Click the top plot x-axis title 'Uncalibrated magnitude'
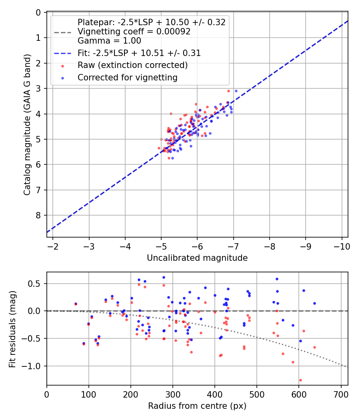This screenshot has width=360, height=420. click(197, 258)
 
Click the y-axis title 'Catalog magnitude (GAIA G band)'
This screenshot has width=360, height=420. click(27, 124)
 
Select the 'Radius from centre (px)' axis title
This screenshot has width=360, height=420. click(197, 406)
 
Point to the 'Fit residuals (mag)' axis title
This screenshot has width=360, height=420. click(12, 329)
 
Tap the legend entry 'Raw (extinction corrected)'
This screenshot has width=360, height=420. click(132, 65)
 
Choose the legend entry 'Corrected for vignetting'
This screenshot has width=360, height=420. click(127, 78)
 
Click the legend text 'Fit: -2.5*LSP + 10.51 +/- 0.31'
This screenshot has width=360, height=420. click(139, 53)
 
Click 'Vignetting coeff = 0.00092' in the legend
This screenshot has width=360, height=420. click(134, 32)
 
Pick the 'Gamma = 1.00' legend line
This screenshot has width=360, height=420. click(109, 40)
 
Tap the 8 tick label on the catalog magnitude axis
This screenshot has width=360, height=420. click(38, 215)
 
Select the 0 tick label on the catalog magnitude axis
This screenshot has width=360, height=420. click(38, 12)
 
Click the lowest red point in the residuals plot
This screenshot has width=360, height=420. click(300, 380)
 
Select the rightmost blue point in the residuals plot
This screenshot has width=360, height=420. click(314, 303)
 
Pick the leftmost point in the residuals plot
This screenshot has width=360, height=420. click(76, 304)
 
